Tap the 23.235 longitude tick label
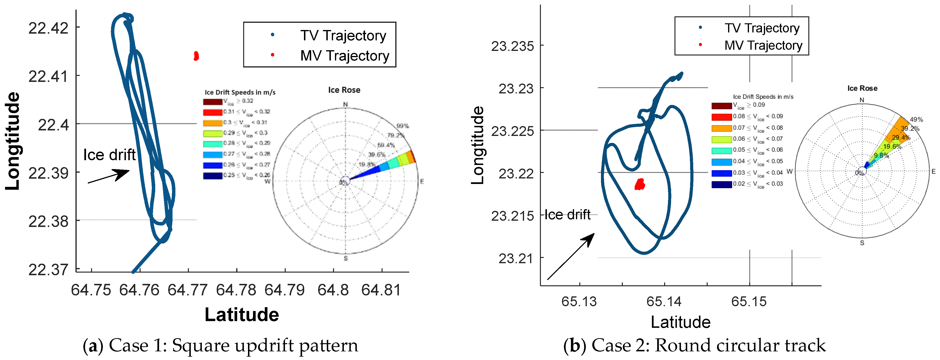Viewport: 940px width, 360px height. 512,46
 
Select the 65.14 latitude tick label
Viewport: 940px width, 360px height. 664,302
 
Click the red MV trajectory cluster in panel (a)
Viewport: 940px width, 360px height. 196,56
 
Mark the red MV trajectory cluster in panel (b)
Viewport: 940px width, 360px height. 640,184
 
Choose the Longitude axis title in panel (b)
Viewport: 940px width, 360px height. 477,145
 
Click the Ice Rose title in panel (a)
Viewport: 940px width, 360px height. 344,90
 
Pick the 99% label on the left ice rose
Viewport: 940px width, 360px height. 402,126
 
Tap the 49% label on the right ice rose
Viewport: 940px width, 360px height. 916,119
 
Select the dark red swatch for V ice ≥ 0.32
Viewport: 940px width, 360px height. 212,102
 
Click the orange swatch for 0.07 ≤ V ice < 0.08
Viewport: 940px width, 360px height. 721,128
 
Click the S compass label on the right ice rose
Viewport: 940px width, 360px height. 862,243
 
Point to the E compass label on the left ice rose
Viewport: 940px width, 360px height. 422,181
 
